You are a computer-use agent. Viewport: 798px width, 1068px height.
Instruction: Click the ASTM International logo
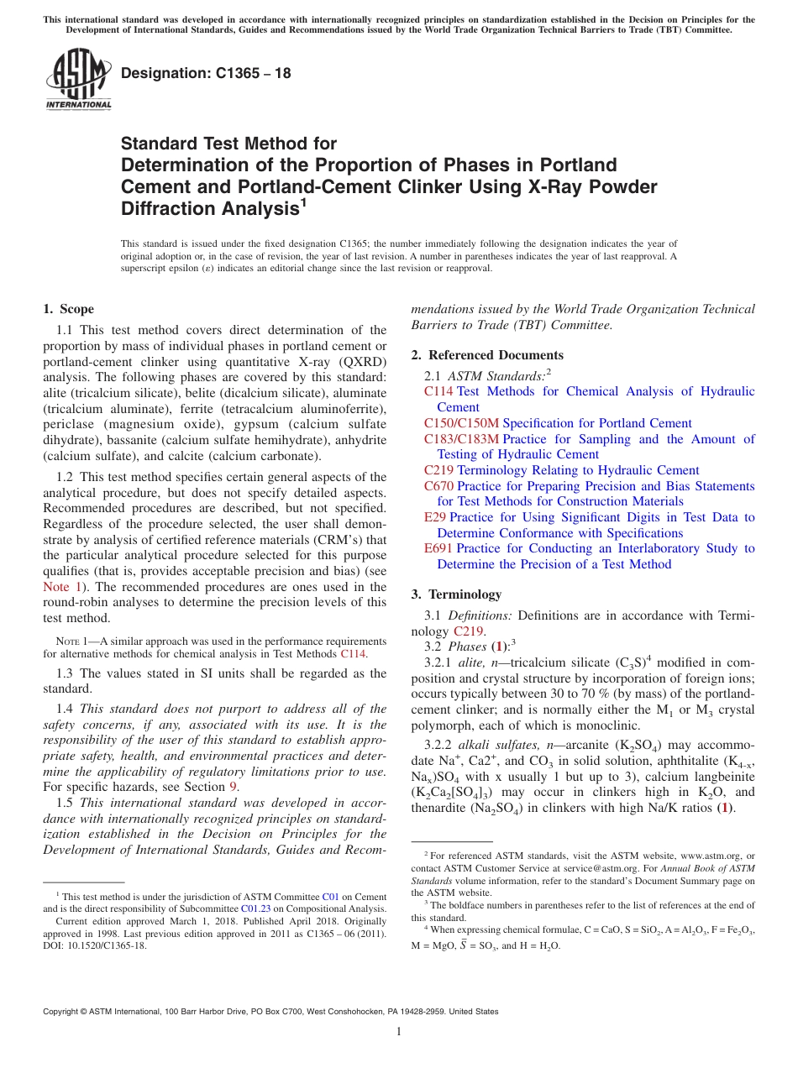pos(78,78)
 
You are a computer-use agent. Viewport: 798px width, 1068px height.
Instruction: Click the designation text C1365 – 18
pos(206,73)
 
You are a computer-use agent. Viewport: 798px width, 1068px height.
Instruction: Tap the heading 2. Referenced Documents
pos(487,355)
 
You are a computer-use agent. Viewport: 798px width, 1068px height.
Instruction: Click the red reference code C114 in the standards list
pos(438,391)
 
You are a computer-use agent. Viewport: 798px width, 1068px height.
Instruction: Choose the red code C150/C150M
pos(461,423)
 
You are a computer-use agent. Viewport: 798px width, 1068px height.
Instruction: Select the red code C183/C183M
pos(461,439)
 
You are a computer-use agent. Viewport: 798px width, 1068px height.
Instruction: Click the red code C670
pos(438,486)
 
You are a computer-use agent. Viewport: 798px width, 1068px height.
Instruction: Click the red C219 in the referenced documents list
pos(438,470)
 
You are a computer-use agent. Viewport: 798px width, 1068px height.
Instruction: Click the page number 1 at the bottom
pos(399,1031)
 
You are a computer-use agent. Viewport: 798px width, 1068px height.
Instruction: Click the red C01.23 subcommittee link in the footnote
pos(255,908)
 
